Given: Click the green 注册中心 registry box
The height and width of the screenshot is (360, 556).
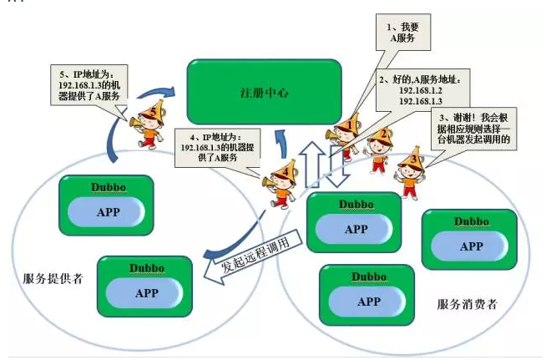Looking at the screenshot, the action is (264, 92).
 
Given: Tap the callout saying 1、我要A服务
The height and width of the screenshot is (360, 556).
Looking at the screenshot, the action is (403, 33).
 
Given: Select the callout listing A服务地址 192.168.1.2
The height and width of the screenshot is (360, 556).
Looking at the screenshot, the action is (423, 90).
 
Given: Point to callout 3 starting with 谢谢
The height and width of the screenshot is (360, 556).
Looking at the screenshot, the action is (473, 129).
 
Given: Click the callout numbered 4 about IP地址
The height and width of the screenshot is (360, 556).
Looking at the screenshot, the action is (217, 148).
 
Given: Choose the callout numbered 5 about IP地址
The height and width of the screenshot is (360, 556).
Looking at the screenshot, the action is (89, 85).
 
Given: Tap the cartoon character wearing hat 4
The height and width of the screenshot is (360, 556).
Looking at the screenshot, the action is (282, 185).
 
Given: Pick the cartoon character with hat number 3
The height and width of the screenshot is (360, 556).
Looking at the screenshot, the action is (411, 173).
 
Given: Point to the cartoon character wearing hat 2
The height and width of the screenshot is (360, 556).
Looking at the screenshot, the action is (379, 150).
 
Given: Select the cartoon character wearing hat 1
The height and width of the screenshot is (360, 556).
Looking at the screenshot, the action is (343, 135).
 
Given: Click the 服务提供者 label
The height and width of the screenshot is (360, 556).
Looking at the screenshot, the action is (53, 279).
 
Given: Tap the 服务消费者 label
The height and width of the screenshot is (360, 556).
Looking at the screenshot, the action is (467, 304).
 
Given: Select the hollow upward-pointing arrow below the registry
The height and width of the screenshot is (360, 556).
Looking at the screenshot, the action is (312, 165).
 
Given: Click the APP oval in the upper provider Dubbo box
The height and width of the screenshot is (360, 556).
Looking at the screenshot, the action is (106, 212).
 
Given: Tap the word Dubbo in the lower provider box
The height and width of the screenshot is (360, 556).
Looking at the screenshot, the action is (147, 268).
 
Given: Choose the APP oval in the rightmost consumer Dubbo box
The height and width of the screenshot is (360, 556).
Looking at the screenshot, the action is (470, 246).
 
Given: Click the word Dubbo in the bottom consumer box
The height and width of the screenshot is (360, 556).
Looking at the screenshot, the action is (369, 277).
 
